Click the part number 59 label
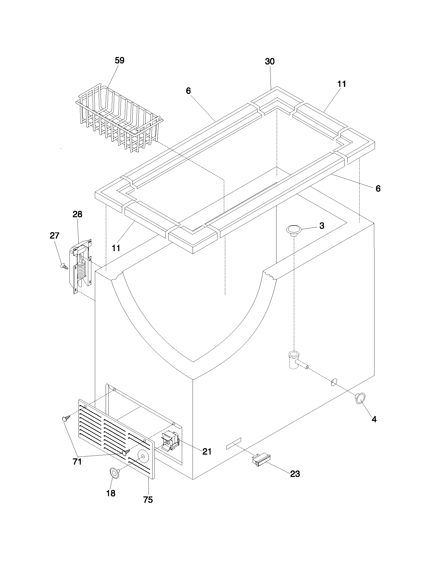pyautogui.click(x=119, y=61)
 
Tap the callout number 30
pyautogui.click(x=270, y=62)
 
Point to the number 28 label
pyautogui.click(x=77, y=214)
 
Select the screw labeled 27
pyautogui.click(x=64, y=266)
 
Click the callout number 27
pyautogui.click(x=54, y=236)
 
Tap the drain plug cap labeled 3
pyautogui.click(x=294, y=230)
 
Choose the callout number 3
pyautogui.click(x=322, y=225)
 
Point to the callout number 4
pyautogui.click(x=374, y=419)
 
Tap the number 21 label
pyautogui.click(x=207, y=451)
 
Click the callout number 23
pyautogui.click(x=295, y=474)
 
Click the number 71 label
pyautogui.click(x=77, y=462)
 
